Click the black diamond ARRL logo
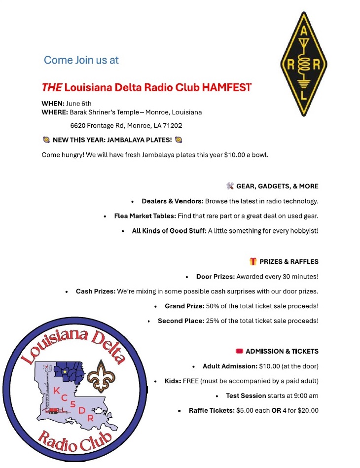click(303, 64)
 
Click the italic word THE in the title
click(52, 88)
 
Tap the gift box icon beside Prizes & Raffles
click(253, 261)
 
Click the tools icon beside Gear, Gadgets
click(230, 186)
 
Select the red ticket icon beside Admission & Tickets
click(239, 351)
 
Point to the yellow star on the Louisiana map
click(65, 371)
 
